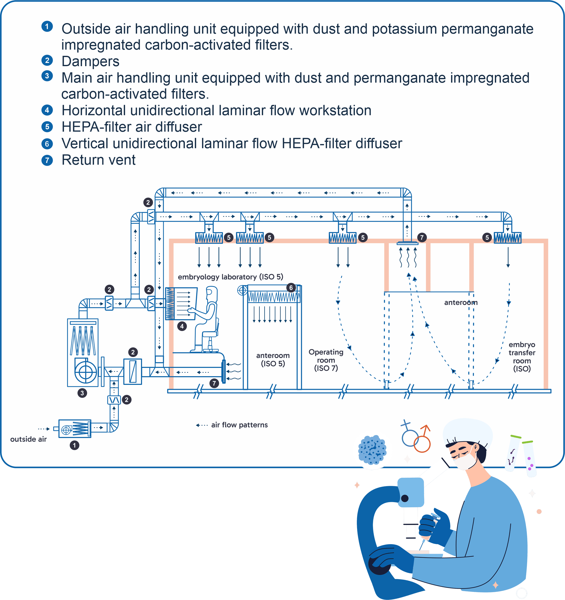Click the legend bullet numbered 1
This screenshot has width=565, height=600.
(47, 27)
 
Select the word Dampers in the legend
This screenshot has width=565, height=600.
(90, 61)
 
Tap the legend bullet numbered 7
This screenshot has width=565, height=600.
(47, 160)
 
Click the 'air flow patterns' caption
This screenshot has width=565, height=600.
(239, 425)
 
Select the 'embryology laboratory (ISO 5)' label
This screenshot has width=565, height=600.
(230, 277)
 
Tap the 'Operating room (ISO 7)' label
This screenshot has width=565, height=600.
(326, 360)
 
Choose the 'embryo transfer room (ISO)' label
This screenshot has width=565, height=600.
(522, 357)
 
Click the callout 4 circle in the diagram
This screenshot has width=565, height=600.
(182, 326)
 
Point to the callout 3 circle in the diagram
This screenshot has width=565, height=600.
(82, 393)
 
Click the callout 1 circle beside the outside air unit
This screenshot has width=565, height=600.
(74, 445)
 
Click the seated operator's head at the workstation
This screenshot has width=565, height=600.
(212, 293)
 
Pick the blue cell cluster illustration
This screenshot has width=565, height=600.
(372, 450)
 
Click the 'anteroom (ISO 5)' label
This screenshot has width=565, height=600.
(273, 360)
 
